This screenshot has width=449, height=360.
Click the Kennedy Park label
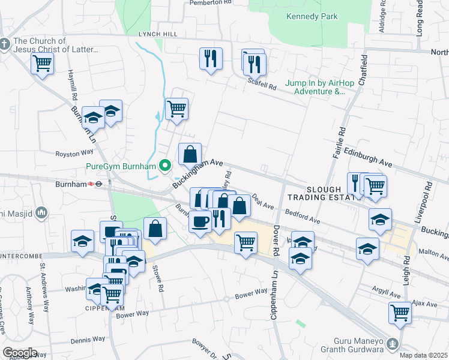coord(312,16)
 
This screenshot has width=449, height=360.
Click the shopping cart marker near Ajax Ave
coord(400,312)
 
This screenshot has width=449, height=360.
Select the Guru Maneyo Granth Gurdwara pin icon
coord(393,344)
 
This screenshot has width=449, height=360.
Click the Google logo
coord(19,353)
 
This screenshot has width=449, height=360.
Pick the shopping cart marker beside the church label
coord(42,63)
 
